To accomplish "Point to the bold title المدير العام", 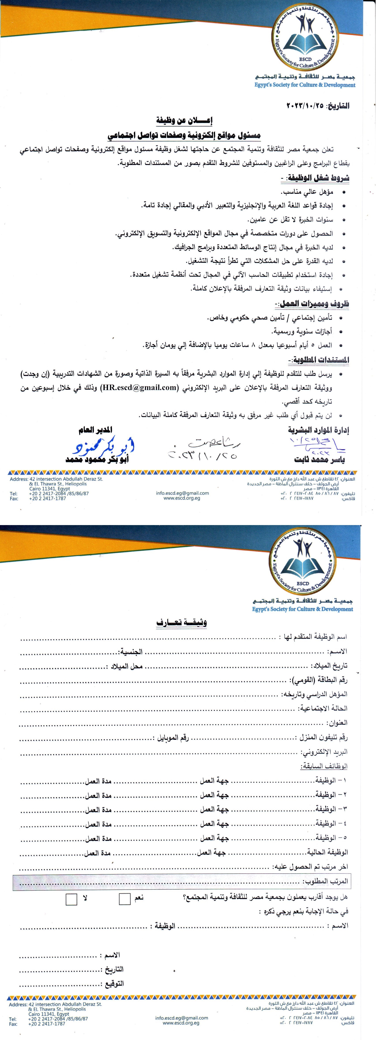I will (95, 430).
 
